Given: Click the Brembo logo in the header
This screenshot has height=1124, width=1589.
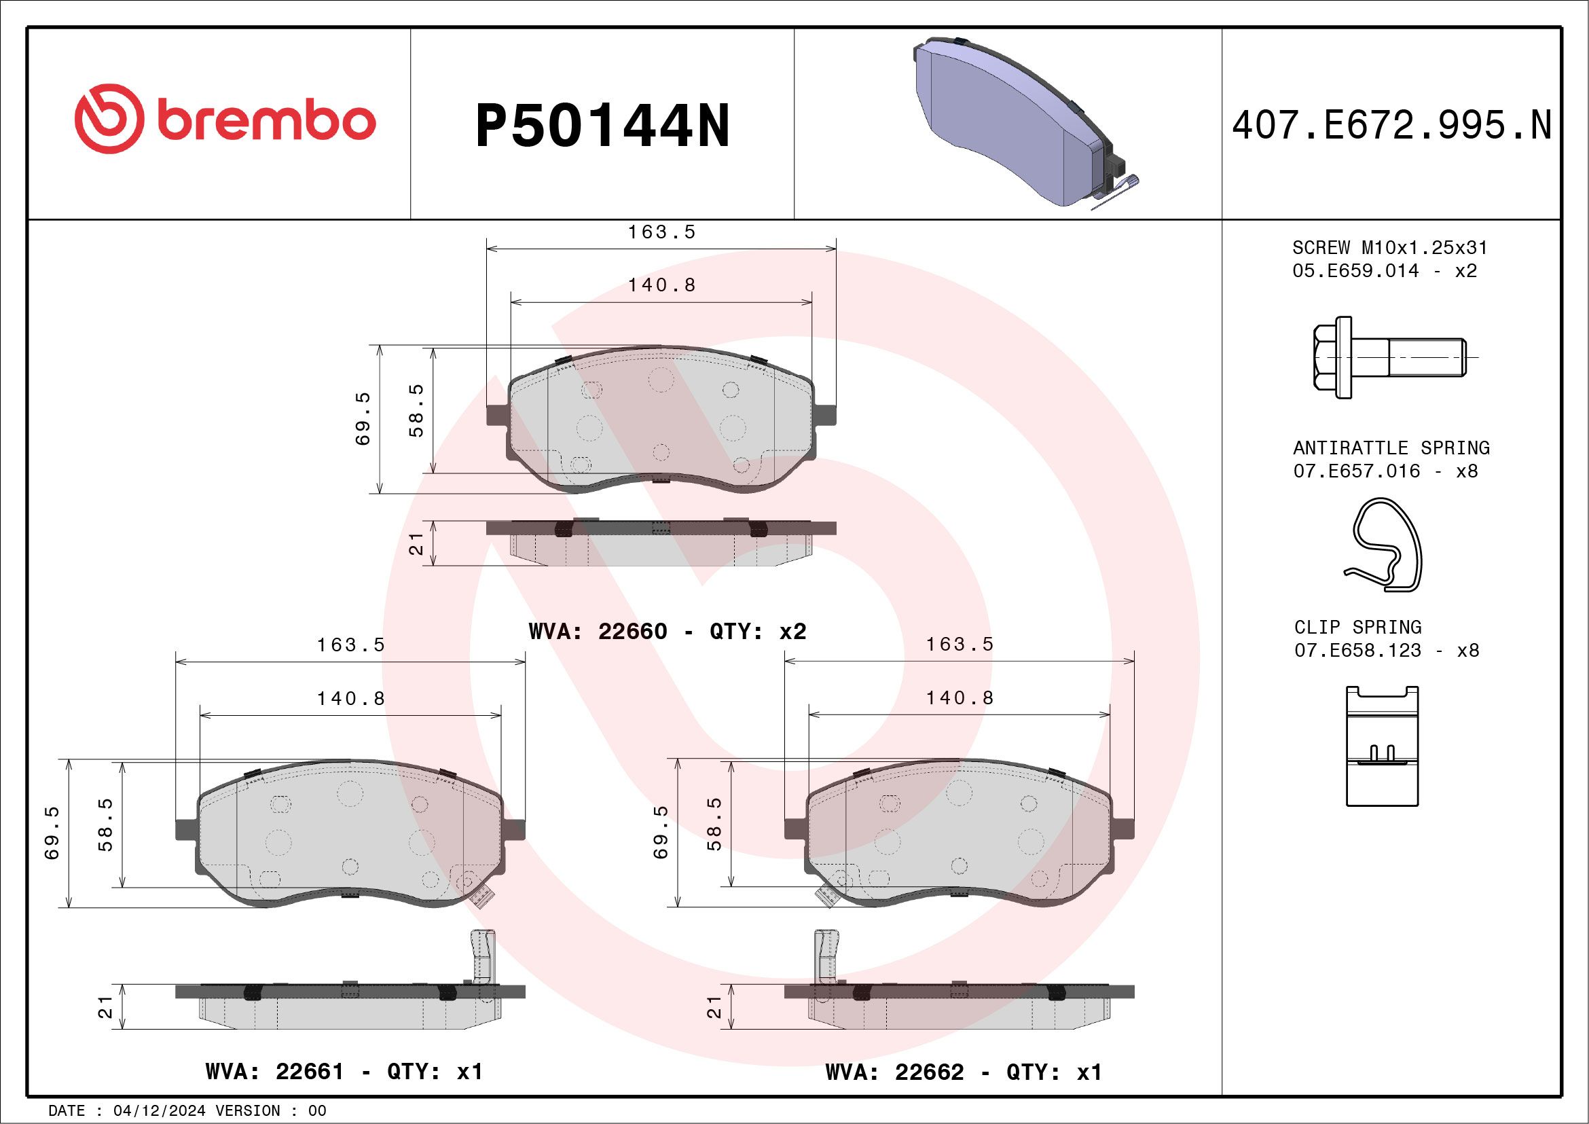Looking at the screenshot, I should tap(225, 120).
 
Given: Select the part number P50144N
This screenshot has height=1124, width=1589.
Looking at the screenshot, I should tap(602, 126).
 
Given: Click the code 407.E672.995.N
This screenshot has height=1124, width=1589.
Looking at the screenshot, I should tap(1391, 126).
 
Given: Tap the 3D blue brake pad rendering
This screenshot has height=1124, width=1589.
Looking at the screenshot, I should tap(1017, 124).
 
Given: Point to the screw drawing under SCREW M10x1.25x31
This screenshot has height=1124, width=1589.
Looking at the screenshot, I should tap(1387, 357).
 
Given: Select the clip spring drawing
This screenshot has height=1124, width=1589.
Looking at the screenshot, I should tap(1382, 747).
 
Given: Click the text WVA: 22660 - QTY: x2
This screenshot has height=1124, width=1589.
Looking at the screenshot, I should tap(667, 631).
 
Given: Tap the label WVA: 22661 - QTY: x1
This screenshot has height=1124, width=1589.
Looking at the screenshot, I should tap(344, 1072).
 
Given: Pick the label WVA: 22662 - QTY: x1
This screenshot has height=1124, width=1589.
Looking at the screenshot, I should tap(964, 1072).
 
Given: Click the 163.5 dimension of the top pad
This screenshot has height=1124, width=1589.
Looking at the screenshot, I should tap(661, 232).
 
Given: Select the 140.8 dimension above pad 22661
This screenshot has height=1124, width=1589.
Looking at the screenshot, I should tap(351, 698).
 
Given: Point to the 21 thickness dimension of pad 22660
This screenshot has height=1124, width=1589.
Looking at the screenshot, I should tap(416, 543).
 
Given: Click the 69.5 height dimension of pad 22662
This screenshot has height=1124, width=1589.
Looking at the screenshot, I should tap(661, 833).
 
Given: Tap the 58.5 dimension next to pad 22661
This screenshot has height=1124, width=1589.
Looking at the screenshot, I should tap(105, 824).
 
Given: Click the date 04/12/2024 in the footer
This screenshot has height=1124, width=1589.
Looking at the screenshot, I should tap(159, 1111).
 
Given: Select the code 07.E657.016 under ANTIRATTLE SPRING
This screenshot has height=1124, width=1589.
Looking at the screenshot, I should tap(1357, 471).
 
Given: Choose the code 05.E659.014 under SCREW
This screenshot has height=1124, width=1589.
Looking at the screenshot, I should tap(1355, 270).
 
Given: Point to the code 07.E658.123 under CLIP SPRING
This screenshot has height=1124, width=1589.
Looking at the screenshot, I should tap(1357, 651).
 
